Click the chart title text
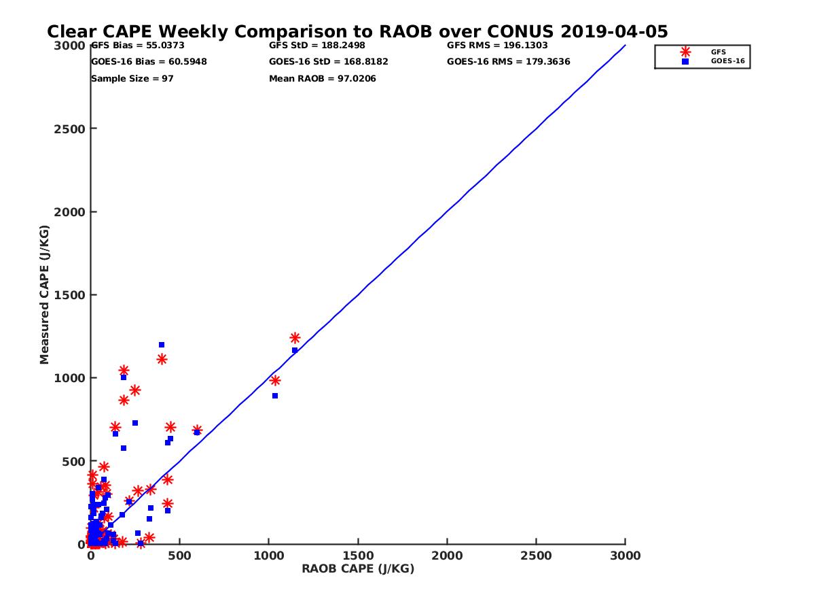(x=357, y=31)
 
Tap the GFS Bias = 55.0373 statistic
(x=137, y=46)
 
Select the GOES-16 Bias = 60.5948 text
(x=149, y=62)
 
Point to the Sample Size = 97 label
(x=132, y=79)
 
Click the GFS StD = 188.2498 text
(x=312, y=46)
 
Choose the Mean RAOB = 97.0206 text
(x=322, y=79)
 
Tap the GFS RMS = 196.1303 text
(x=497, y=46)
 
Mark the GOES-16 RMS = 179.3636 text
(x=508, y=62)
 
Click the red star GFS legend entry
(x=685, y=52)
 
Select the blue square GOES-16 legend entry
(x=685, y=61)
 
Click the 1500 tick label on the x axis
(x=358, y=556)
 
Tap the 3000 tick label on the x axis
(x=626, y=556)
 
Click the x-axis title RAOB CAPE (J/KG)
(x=358, y=569)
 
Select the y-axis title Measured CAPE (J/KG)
(x=45, y=294)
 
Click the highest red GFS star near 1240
(x=295, y=338)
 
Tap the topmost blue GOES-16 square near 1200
(x=162, y=345)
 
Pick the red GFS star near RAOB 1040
(x=275, y=380)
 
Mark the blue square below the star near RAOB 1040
(x=275, y=396)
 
